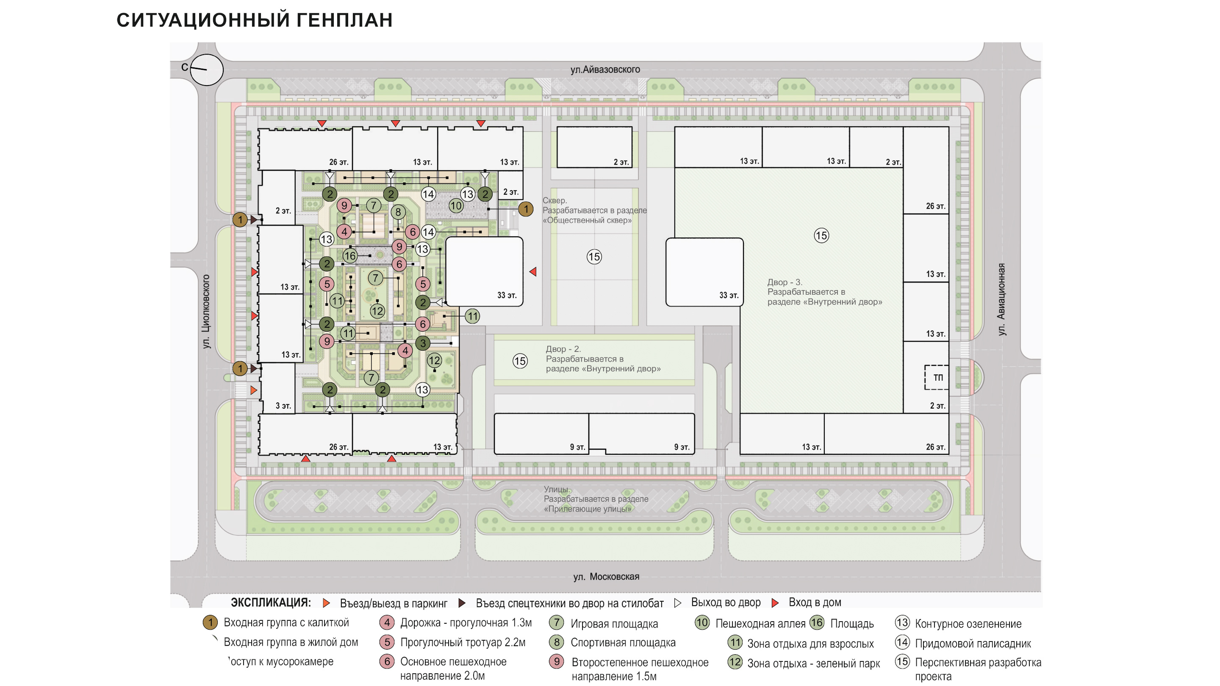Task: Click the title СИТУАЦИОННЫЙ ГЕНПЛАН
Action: point(254,20)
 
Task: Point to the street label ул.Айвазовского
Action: point(605,69)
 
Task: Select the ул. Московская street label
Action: point(606,577)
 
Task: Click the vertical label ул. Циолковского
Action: point(206,312)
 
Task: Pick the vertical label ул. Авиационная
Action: point(1001,299)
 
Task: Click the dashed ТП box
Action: point(937,377)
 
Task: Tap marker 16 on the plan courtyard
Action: point(350,256)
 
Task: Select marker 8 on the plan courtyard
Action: point(398,212)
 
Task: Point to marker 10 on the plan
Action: point(456,205)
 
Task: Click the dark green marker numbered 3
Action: point(423,343)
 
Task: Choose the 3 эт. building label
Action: point(283,406)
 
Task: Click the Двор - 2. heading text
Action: point(563,349)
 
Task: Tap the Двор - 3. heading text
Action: point(784,282)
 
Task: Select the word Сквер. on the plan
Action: point(555,200)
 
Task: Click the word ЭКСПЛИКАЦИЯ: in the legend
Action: point(270,603)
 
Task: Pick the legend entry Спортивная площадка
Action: point(622,642)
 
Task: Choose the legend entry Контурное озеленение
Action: point(968,623)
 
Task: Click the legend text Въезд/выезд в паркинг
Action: point(393,603)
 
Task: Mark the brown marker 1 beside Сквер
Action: point(526,209)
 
